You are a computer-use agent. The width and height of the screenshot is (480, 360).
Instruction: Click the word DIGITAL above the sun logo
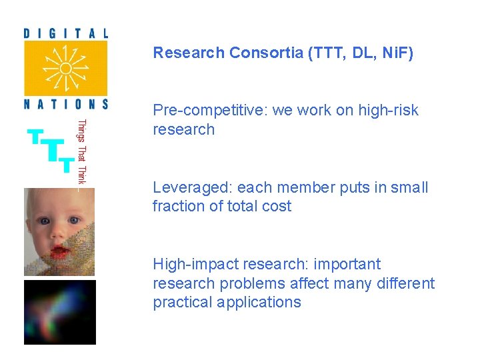(x=65, y=33)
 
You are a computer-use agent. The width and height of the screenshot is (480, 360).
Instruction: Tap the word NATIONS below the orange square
(x=65, y=104)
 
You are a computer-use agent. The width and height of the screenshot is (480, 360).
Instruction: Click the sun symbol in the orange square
(x=65, y=68)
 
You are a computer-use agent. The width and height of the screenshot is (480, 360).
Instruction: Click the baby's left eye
(x=74, y=220)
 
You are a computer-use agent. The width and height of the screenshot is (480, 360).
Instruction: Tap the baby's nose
(x=58, y=233)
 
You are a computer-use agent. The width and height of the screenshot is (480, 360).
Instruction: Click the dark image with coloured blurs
(x=59, y=312)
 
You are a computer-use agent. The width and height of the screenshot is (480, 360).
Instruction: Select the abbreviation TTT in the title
(x=327, y=53)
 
